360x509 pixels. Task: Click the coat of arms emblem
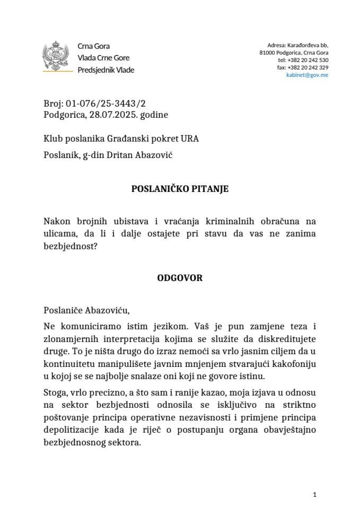click(x=55, y=58)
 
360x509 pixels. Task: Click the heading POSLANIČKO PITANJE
click(x=180, y=189)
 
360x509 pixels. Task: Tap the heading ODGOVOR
click(x=180, y=277)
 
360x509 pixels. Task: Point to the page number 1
click(x=314, y=495)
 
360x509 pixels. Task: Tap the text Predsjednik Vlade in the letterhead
click(x=106, y=70)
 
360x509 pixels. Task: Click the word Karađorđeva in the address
click(x=302, y=46)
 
